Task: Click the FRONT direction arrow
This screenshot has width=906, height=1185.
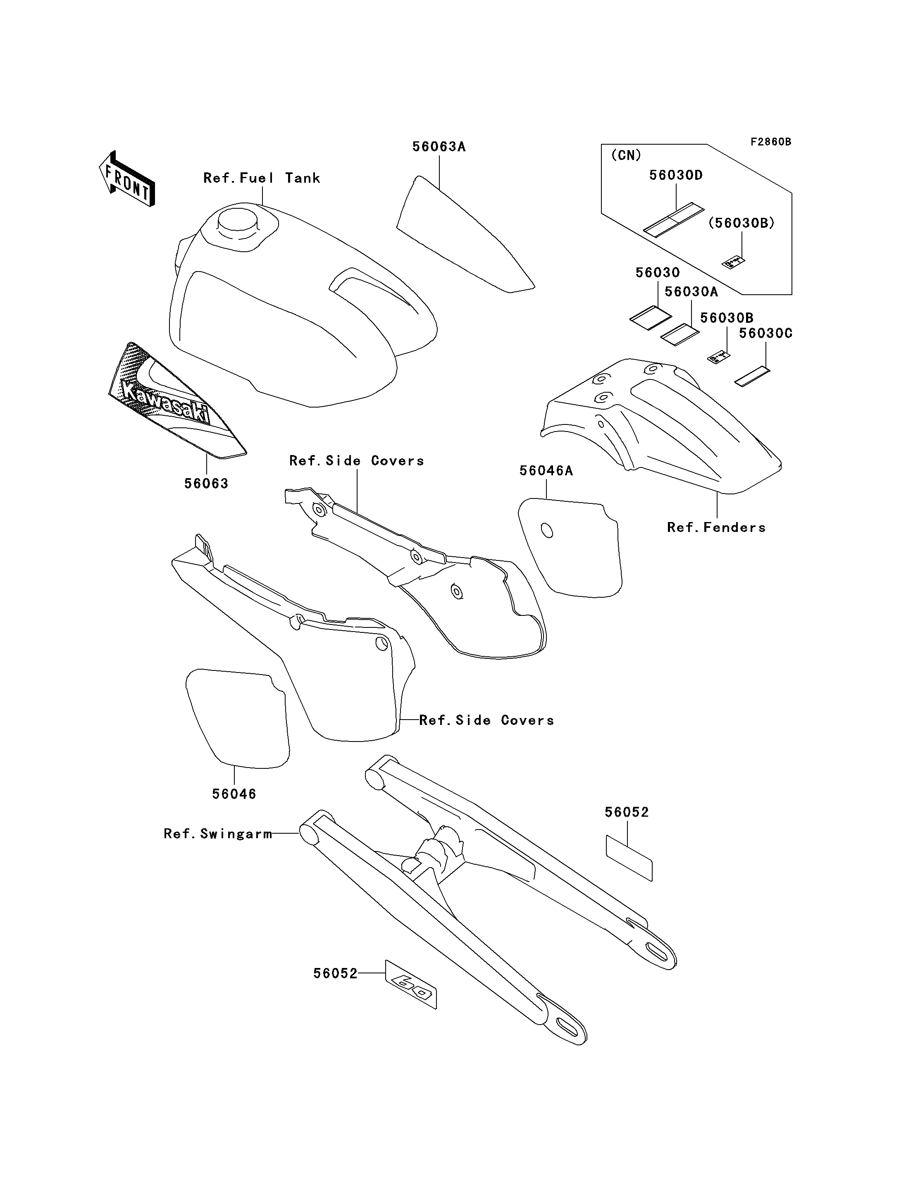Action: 127,178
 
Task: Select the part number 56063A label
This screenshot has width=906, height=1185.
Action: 439,147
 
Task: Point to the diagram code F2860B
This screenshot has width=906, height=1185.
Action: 771,142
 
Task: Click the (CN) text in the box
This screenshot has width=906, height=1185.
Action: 626,155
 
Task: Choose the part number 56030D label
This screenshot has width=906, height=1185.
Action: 676,175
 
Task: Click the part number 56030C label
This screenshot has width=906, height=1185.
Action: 765,333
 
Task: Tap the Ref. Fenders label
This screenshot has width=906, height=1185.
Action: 716,527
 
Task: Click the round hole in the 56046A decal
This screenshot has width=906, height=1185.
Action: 547,530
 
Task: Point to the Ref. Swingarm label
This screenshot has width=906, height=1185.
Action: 218,834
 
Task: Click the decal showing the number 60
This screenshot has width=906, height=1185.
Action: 410,985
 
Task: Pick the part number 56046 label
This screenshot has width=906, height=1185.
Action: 234,794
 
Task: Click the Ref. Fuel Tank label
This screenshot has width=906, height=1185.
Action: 262,178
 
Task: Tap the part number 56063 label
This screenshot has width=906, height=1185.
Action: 207,484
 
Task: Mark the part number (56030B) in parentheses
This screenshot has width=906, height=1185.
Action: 741,223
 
